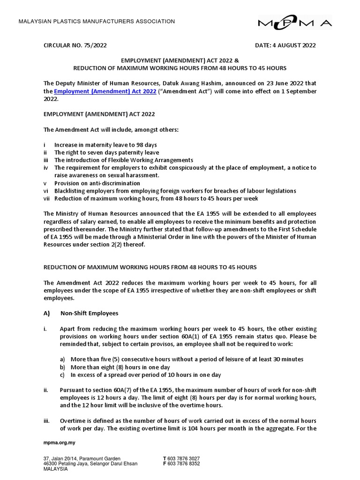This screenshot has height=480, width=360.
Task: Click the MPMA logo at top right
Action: click(x=295, y=22)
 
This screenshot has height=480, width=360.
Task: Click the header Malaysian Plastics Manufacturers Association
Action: click(x=96, y=22)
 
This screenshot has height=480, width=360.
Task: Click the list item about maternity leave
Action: click(x=105, y=145)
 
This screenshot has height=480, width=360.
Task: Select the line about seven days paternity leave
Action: click(x=106, y=152)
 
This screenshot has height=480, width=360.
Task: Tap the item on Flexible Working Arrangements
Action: click(x=123, y=160)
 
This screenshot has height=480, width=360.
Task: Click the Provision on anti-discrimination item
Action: click(x=97, y=183)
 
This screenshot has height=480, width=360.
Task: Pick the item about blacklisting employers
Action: click(x=175, y=190)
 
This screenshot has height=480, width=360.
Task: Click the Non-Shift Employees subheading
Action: click(x=89, y=313)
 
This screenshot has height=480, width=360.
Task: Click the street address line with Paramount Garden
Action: click(x=82, y=458)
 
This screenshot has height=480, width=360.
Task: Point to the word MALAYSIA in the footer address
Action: click(x=55, y=469)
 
